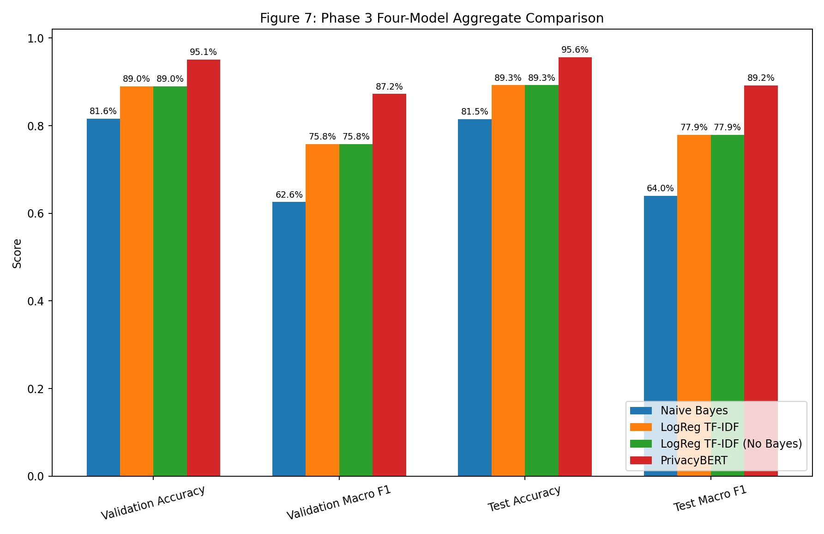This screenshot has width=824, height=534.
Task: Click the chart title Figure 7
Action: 432,18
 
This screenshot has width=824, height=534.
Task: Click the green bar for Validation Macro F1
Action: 355,310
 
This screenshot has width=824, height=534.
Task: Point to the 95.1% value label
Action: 203,52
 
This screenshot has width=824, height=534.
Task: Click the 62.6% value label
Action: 289,195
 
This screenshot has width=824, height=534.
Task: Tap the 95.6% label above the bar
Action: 575,50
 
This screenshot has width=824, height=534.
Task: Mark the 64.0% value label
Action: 660,188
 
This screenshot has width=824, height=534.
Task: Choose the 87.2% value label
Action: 389,87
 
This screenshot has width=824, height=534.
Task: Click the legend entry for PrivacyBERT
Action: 694,461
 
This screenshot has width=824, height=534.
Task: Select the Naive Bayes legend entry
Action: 694,411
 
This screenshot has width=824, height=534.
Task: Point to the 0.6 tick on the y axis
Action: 37,214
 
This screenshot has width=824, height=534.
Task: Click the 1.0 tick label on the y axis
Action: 37,39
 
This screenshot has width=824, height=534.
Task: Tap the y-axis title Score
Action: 17,253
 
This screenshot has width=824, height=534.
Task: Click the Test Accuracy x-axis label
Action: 524,498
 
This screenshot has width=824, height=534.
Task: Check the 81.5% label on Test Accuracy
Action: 475,112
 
